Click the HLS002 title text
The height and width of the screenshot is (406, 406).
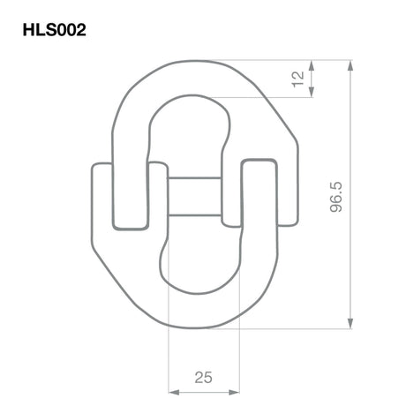(55, 30)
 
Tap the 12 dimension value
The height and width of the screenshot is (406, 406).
(297, 79)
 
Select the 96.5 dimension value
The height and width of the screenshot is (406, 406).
(336, 197)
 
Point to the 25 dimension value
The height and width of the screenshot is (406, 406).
(203, 377)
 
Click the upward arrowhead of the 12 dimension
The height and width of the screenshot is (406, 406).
(312, 65)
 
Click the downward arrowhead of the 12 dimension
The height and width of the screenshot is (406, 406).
(312, 91)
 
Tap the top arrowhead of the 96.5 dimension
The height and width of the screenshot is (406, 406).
(350, 65)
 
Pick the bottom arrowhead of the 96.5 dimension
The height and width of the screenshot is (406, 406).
(350, 323)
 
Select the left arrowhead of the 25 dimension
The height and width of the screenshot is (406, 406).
(174, 392)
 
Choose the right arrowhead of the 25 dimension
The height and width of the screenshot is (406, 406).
(234, 392)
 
